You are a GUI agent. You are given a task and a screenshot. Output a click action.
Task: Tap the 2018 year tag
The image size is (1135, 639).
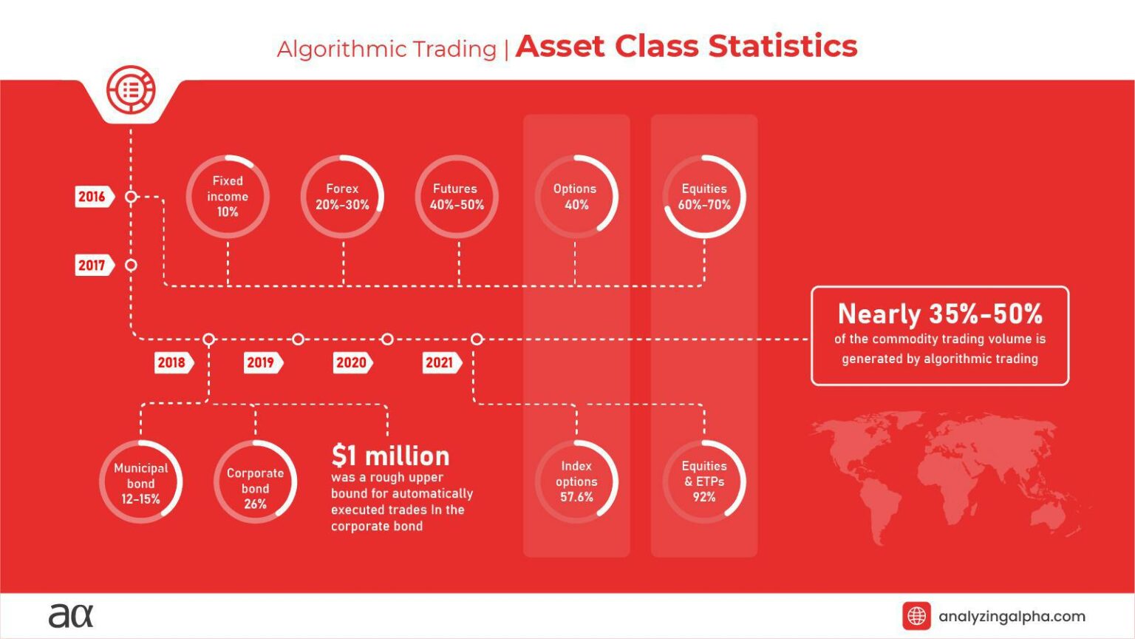coord(173,362)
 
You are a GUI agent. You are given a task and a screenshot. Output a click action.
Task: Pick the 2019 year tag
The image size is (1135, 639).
coord(262,362)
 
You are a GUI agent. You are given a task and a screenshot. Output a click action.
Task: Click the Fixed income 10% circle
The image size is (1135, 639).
coord(228,197)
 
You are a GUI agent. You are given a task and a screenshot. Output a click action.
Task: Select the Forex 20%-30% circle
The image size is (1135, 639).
coord(342,197)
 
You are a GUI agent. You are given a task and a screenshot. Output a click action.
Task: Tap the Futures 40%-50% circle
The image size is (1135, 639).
coord(457,197)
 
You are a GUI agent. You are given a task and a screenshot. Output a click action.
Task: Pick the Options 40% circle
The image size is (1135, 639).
coord(576,197)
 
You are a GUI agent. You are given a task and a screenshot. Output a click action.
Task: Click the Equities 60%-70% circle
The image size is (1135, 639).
coord(704,197)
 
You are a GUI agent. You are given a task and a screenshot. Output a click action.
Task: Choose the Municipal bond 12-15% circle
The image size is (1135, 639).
coord(140,483)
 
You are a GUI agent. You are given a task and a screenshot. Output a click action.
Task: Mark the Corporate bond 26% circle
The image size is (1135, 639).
coord(255,483)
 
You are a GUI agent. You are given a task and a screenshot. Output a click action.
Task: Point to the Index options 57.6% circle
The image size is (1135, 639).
coord(576,481)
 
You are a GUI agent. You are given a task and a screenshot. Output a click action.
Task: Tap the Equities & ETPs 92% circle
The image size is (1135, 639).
coord(704,481)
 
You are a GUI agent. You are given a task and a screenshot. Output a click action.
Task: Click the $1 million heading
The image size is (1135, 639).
coord(390,456)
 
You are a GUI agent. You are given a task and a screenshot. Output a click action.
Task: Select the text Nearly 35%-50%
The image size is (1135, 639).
coord(940,314)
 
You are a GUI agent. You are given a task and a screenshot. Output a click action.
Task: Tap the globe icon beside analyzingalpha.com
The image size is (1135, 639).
coord(916,616)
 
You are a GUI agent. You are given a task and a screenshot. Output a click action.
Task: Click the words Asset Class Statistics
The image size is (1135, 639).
coord(686,47)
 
